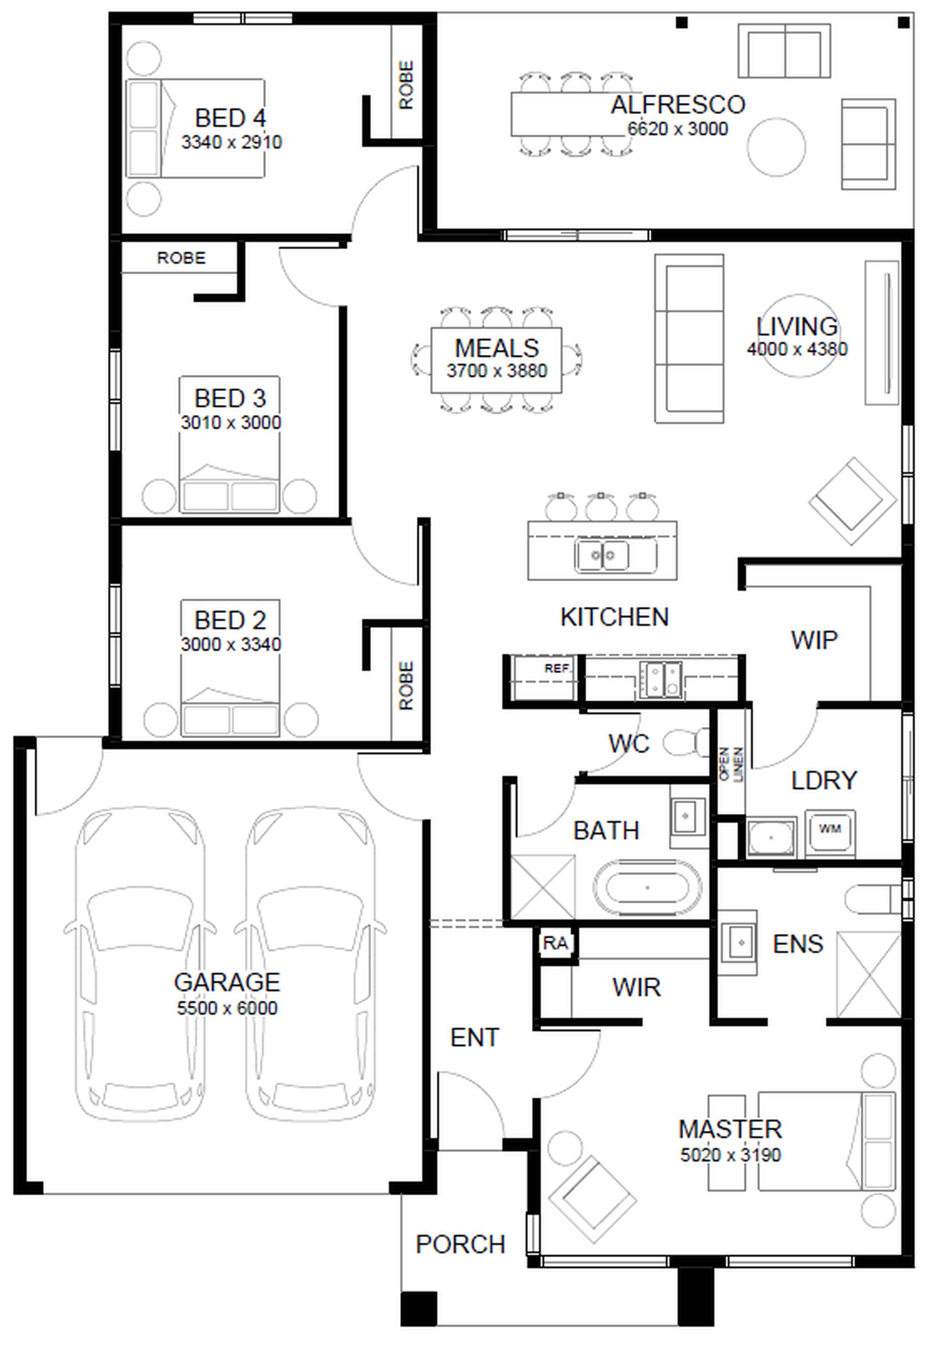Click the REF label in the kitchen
[x=556, y=669]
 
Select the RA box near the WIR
[x=555, y=943]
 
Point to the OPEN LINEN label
[x=731, y=764]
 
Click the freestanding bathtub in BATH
[x=647, y=888]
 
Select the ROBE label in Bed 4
[x=406, y=85]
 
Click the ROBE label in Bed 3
[x=181, y=257]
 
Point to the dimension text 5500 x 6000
[x=227, y=1008]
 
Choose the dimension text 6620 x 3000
[x=678, y=129]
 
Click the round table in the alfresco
[x=776, y=147]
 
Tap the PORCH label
[x=460, y=1244]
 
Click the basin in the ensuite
[x=738, y=942]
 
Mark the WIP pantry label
[x=814, y=639]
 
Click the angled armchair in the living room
[x=852, y=501]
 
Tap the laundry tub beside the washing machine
[x=771, y=837]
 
